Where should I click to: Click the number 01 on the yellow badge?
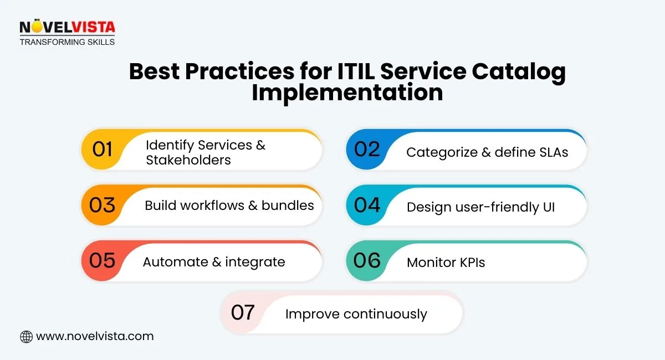click(x=103, y=150)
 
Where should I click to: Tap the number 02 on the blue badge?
click(x=367, y=150)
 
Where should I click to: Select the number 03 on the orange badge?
click(x=102, y=205)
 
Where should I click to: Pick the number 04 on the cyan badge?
click(x=367, y=205)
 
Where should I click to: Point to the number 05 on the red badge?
click(x=102, y=260)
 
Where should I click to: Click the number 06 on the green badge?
click(x=367, y=260)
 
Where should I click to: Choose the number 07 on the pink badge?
click(x=243, y=313)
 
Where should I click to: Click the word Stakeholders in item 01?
click(x=188, y=160)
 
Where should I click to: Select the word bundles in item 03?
click(x=288, y=205)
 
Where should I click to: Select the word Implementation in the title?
click(x=347, y=92)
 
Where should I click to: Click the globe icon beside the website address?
click(x=26, y=336)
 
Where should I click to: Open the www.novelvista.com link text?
click(x=94, y=336)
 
